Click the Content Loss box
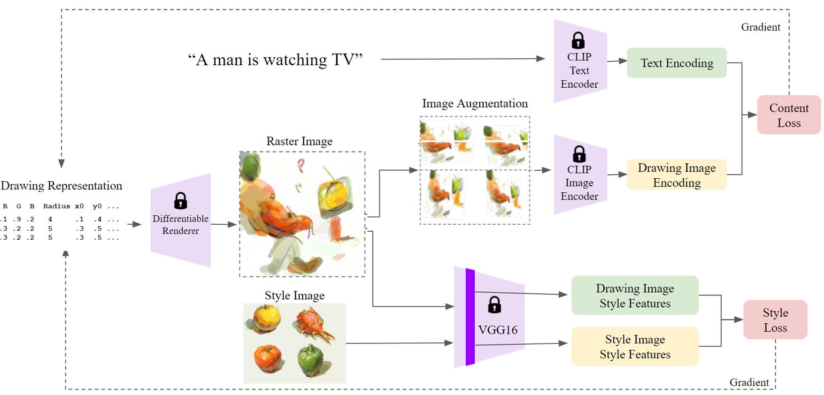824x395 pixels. tap(788, 115)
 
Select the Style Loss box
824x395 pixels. tap(775, 320)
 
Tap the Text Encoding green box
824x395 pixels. tap(676, 63)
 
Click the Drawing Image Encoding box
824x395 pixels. tap(676, 175)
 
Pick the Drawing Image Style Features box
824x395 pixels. tap(634, 296)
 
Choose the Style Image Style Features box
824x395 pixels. tap(634, 347)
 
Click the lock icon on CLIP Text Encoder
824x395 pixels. tap(578, 40)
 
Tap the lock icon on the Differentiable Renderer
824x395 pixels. tap(180, 201)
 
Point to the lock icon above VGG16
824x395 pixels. tap(494, 305)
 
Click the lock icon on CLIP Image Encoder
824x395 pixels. tap(579, 154)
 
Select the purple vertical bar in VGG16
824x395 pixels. tap(470, 317)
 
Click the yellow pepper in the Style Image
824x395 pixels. tap(266, 319)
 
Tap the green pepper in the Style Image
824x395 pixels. tap(312, 360)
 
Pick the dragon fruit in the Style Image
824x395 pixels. tap(314, 323)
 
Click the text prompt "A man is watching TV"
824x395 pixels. tap(275, 60)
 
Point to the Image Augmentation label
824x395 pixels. tap(474, 104)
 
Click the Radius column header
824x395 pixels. tap(56, 206)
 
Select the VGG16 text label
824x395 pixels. tap(498, 330)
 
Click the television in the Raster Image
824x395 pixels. tap(335, 196)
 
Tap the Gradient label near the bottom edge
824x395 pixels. tap(748, 382)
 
